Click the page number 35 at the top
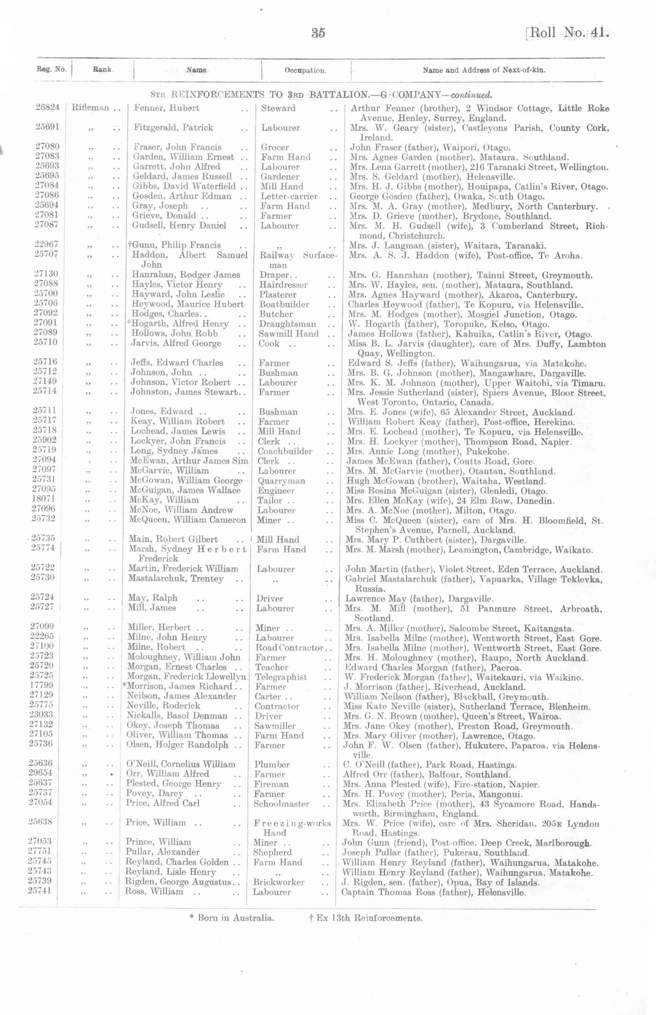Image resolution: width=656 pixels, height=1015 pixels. click(x=318, y=33)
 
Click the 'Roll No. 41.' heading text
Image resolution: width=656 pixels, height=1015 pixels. click(x=567, y=33)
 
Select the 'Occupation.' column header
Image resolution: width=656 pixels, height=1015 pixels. click(x=305, y=70)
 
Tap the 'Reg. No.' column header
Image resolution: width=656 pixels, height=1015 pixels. click(x=52, y=70)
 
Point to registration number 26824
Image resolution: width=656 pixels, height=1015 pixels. click(x=48, y=107)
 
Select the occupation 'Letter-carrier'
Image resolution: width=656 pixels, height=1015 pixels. click(x=289, y=197)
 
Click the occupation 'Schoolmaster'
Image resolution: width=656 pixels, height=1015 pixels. click(x=281, y=804)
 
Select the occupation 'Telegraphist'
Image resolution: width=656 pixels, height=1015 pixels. click(x=281, y=677)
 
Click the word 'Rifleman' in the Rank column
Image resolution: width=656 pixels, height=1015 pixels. click(x=91, y=108)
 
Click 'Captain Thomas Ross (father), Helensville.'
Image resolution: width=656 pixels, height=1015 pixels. click(x=433, y=892)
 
